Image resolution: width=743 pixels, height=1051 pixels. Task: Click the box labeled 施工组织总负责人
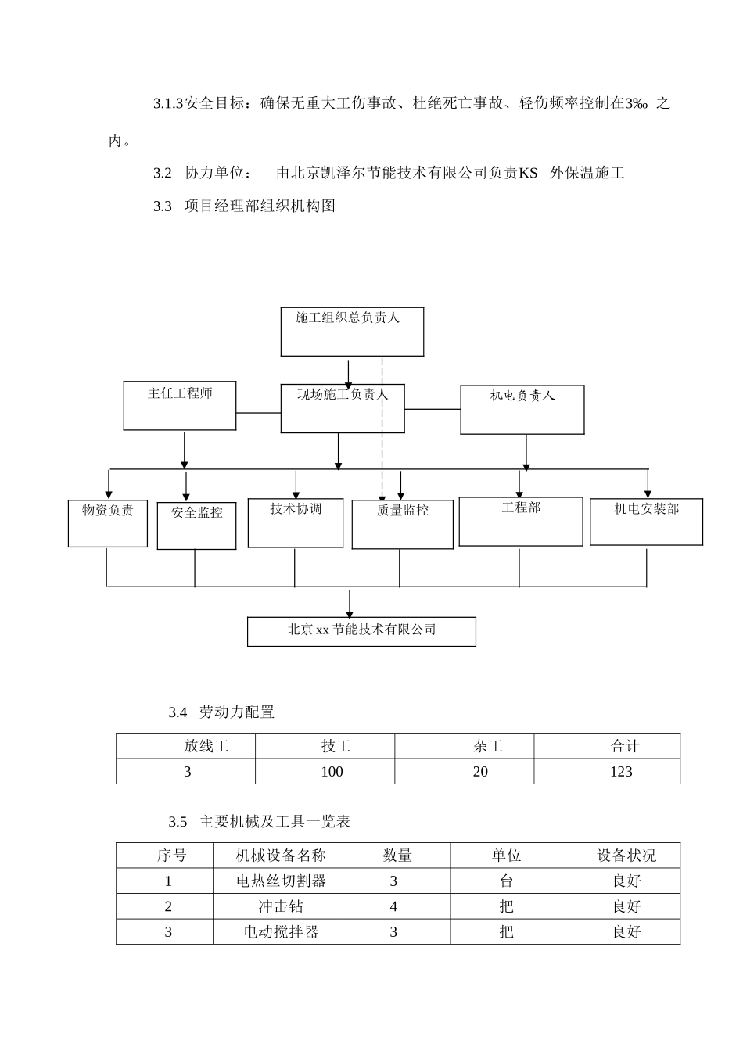click(352, 332)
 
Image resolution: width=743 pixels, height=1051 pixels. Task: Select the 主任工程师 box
click(180, 405)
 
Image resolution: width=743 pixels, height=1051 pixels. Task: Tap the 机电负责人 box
click(522, 409)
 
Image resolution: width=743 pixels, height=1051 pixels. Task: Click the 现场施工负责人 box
click(342, 407)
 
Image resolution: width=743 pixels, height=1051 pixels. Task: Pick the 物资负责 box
click(108, 523)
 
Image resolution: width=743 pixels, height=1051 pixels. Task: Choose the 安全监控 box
click(196, 525)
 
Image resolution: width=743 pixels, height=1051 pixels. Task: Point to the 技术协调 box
click(296, 522)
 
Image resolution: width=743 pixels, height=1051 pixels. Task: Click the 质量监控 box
click(402, 524)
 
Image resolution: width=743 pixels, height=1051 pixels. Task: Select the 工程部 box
click(520, 521)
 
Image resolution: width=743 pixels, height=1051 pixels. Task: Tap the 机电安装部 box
click(646, 522)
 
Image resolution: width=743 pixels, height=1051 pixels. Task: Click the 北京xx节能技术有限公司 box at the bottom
click(361, 631)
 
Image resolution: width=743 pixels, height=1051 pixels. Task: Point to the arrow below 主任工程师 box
click(185, 450)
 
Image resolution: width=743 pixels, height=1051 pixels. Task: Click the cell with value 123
click(621, 772)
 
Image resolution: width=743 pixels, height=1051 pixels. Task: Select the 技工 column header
click(336, 746)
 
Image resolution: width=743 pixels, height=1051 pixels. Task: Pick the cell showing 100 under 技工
click(332, 772)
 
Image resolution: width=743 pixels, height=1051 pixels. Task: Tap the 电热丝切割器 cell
click(281, 881)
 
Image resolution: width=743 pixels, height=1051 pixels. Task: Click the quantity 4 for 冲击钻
click(393, 907)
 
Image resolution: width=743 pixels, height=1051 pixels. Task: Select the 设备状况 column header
click(626, 856)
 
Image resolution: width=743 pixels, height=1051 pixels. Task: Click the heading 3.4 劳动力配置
click(221, 712)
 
